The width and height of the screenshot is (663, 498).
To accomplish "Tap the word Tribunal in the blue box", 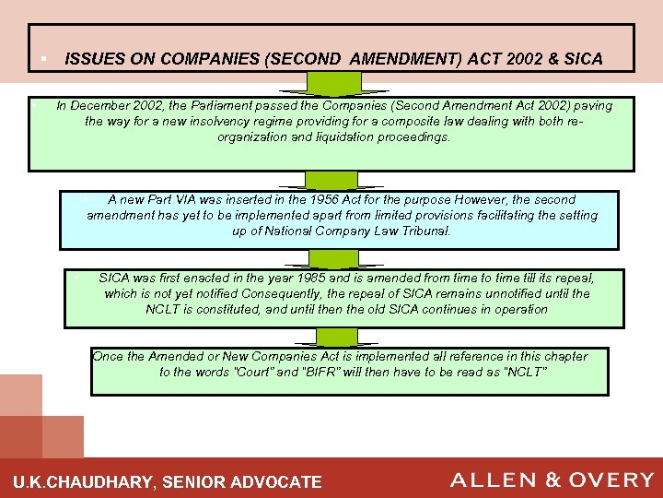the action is (x=424, y=231).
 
